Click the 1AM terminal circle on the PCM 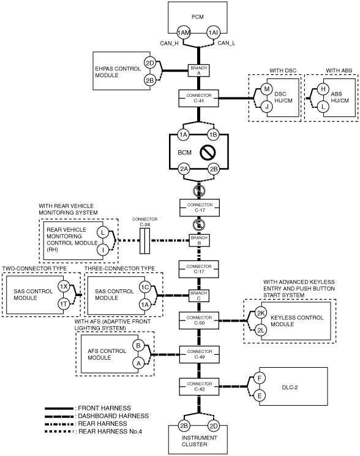pos(183,32)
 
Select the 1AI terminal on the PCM pos(213,32)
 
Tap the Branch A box pos(199,70)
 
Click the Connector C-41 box pos(199,98)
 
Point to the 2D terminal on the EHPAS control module pos(150,63)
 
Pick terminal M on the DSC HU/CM pos(266,89)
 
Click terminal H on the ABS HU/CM pos(323,89)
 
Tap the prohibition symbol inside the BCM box pos(208,153)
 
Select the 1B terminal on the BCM pos(213,135)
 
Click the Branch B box pos(199,240)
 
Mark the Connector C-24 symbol pos(144,241)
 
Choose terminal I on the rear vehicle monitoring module pos(103,249)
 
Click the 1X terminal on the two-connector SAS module pos(63,286)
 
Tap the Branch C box pos(199,295)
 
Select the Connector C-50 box pos(199,321)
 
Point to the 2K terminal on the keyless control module pos(261,313)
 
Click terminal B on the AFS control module pos(138,346)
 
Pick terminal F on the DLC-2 pos(259,378)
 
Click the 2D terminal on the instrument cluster pos(214,426)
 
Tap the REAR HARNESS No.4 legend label pos(110,431)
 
